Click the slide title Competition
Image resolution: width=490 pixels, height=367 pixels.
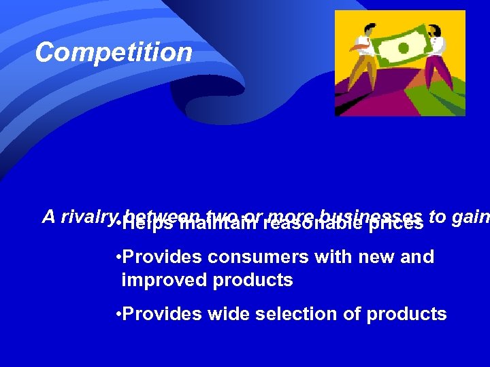click(x=114, y=52)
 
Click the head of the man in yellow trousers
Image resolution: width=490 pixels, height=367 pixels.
click(x=368, y=31)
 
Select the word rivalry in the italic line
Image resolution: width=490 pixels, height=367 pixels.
click(x=87, y=216)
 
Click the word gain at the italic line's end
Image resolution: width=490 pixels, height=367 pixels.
click(x=469, y=216)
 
